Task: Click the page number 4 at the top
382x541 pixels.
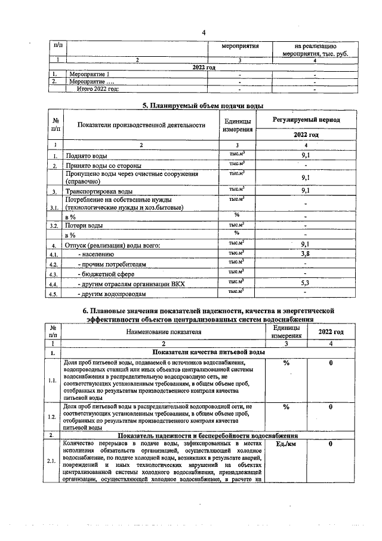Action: [203, 32]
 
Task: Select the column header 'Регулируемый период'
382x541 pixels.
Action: [306, 120]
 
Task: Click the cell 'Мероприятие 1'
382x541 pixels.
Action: [89, 74]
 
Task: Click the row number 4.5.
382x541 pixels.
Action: [54, 294]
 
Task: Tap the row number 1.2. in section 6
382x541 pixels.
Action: [53, 416]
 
